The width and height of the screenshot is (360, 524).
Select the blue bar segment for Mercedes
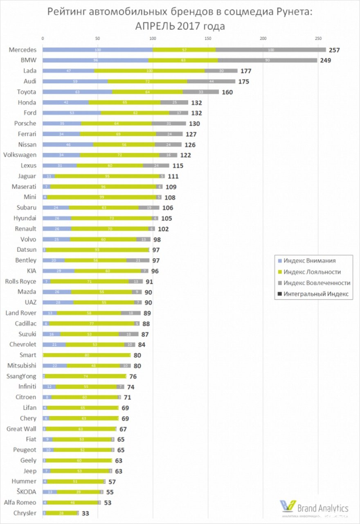97,50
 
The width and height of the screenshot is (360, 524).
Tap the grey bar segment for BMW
268,60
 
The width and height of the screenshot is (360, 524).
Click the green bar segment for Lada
149,71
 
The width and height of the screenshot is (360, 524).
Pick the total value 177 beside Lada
245,71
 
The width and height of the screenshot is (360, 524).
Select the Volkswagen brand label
20,155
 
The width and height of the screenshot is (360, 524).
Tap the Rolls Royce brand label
20,281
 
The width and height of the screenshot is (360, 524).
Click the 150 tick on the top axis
208,38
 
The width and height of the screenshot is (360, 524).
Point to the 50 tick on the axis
97,38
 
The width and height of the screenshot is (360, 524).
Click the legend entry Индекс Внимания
309,261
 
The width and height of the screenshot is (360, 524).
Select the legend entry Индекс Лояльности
312,272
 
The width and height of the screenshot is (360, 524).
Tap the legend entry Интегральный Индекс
316,294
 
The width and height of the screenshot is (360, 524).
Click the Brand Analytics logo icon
287,506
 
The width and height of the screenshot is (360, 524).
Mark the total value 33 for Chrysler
85,513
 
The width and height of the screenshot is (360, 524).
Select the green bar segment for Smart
87,355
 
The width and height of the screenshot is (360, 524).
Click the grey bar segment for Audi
211,81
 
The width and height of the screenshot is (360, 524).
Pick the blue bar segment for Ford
72,113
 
